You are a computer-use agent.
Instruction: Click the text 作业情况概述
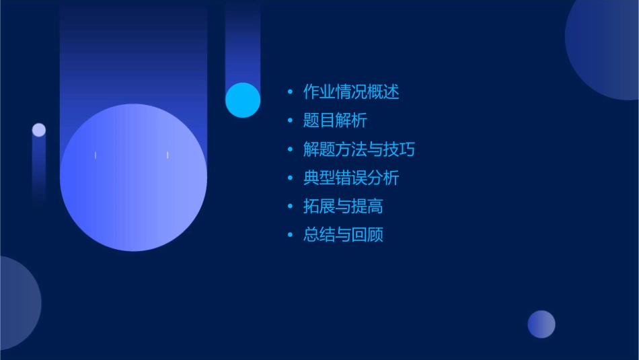351,92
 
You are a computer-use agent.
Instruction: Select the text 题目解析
335,120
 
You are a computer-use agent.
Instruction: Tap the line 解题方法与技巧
359,149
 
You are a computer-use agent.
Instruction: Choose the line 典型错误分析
351,178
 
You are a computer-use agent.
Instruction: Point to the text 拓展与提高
343,206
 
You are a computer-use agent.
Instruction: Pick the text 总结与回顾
343,235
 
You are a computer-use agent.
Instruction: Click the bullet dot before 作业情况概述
291,92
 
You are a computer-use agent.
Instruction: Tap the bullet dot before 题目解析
291,120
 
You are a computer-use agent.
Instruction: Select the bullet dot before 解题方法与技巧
291,149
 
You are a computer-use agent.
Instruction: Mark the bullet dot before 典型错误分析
291,178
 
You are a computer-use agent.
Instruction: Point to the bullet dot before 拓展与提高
291,206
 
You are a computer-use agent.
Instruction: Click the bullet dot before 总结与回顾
291,235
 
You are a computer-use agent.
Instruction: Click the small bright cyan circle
243,100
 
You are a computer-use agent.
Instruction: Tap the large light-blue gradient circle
133,178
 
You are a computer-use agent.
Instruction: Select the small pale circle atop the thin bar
39,130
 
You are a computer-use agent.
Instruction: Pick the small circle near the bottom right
541,324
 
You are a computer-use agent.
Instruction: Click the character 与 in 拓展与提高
343,206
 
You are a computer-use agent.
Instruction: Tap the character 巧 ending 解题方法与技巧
407,149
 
